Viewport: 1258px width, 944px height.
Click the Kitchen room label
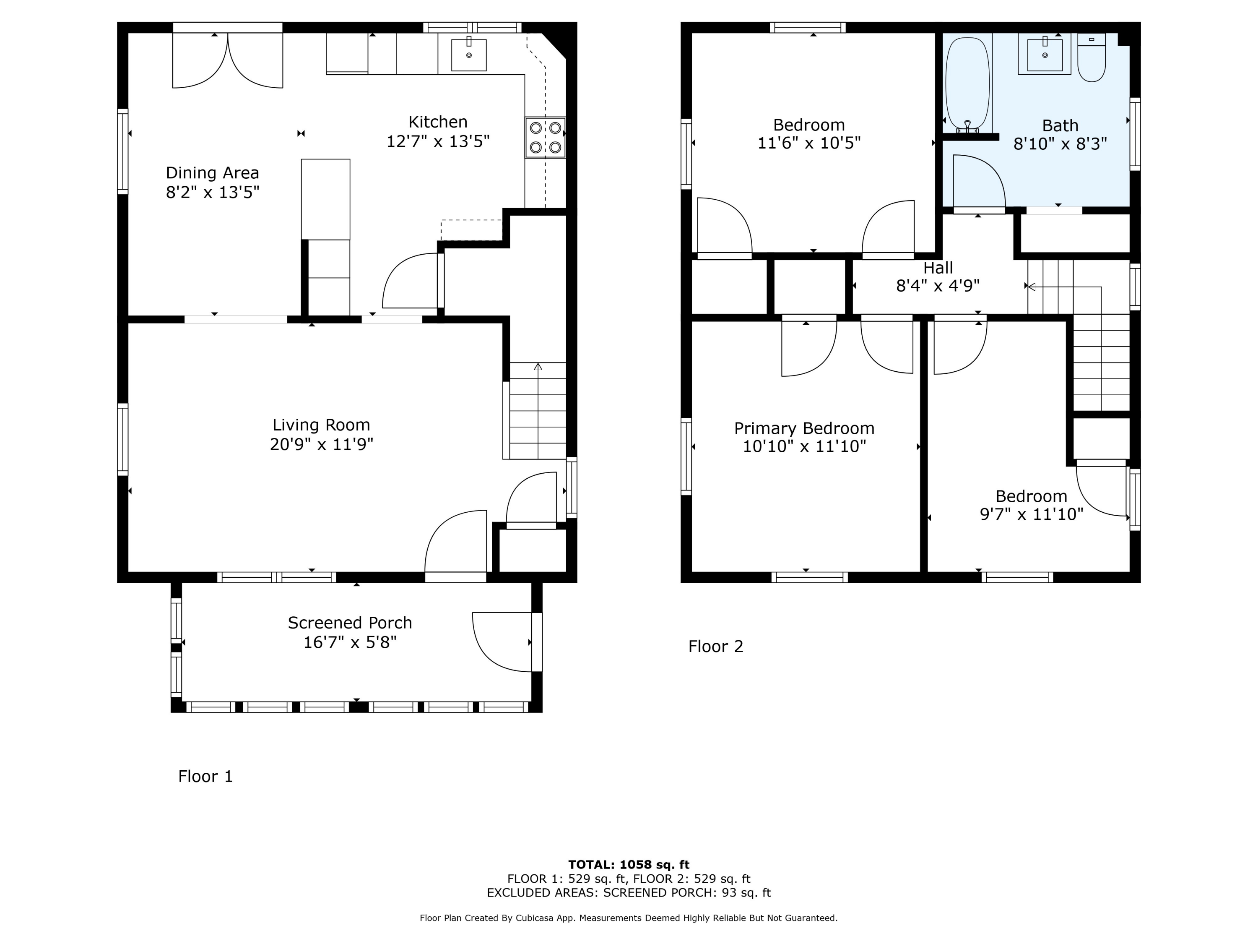click(438, 122)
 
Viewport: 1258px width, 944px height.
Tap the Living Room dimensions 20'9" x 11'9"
click(321, 444)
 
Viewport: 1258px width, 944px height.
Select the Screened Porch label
click(350, 623)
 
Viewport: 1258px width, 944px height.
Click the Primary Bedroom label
click(804, 428)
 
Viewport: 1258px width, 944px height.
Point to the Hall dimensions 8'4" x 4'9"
click(938, 286)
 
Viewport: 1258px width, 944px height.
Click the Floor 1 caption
click(205, 776)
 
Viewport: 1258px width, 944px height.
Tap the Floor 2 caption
click(715, 647)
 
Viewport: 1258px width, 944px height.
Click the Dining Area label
click(212, 173)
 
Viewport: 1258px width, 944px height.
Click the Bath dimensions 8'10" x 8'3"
click(1060, 143)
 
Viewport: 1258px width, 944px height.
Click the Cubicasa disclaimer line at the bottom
click(629, 918)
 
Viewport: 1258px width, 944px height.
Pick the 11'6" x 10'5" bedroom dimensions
click(809, 143)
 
